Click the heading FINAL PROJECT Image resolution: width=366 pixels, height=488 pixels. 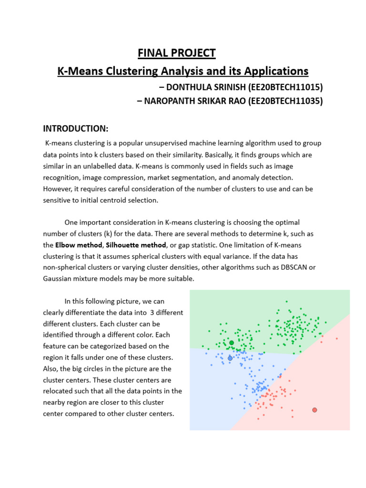pyautogui.click(x=177, y=53)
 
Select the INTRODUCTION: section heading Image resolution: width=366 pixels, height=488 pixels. pyautogui.click(x=76, y=129)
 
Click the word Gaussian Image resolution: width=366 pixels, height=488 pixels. pyautogui.click(x=60, y=279)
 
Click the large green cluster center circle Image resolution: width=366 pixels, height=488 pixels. pyautogui.click(x=232, y=343)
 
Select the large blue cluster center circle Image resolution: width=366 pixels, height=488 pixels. pyautogui.click(x=230, y=358)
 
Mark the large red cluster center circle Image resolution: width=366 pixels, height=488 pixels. pyautogui.click(x=315, y=410)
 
